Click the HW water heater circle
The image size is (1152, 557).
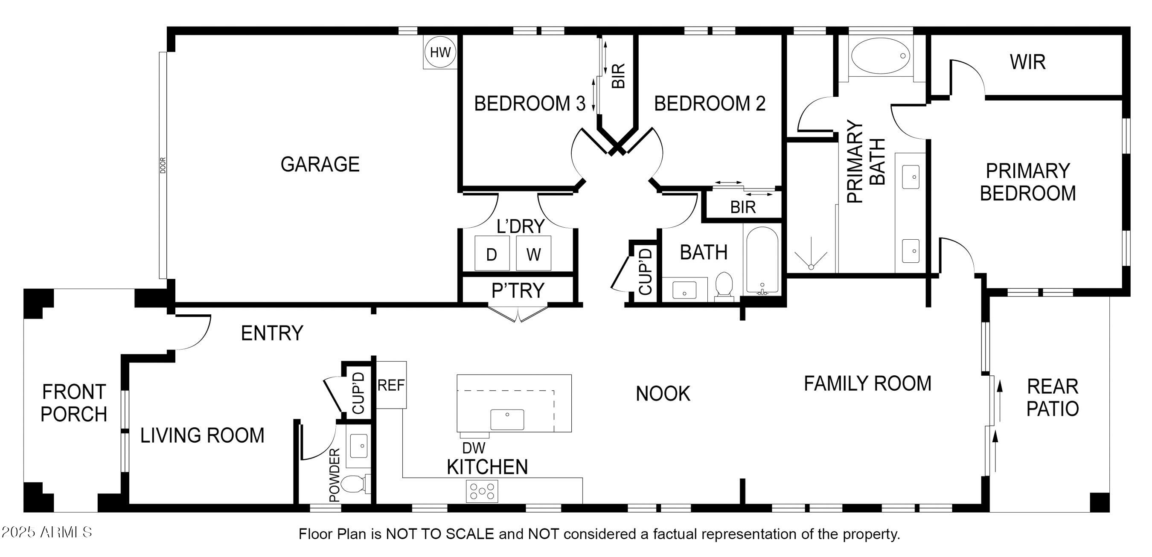pos(440,52)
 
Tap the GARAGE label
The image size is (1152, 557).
pos(320,164)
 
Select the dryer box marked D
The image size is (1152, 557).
pos(492,253)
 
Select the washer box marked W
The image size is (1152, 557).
pos(533,253)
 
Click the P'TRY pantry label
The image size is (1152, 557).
pos(518,290)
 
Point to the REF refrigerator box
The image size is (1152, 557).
pos(391,385)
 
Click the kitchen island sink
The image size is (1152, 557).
pos(507,419)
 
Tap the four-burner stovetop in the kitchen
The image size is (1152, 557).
pos(482,491)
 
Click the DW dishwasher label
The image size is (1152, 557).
pos(474,447)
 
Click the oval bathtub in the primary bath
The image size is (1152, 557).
pos(880,56)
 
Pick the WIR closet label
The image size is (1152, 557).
pos(1028,62)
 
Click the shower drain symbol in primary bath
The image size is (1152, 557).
pos(811,267)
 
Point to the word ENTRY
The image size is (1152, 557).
pos(272,333)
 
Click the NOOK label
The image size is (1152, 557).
pos(663,394)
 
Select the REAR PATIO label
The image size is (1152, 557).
pos(1052,397)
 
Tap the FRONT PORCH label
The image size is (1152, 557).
pos(74,403)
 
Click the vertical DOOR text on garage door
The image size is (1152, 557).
pos(163,165)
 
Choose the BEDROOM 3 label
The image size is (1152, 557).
pos(529,104)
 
